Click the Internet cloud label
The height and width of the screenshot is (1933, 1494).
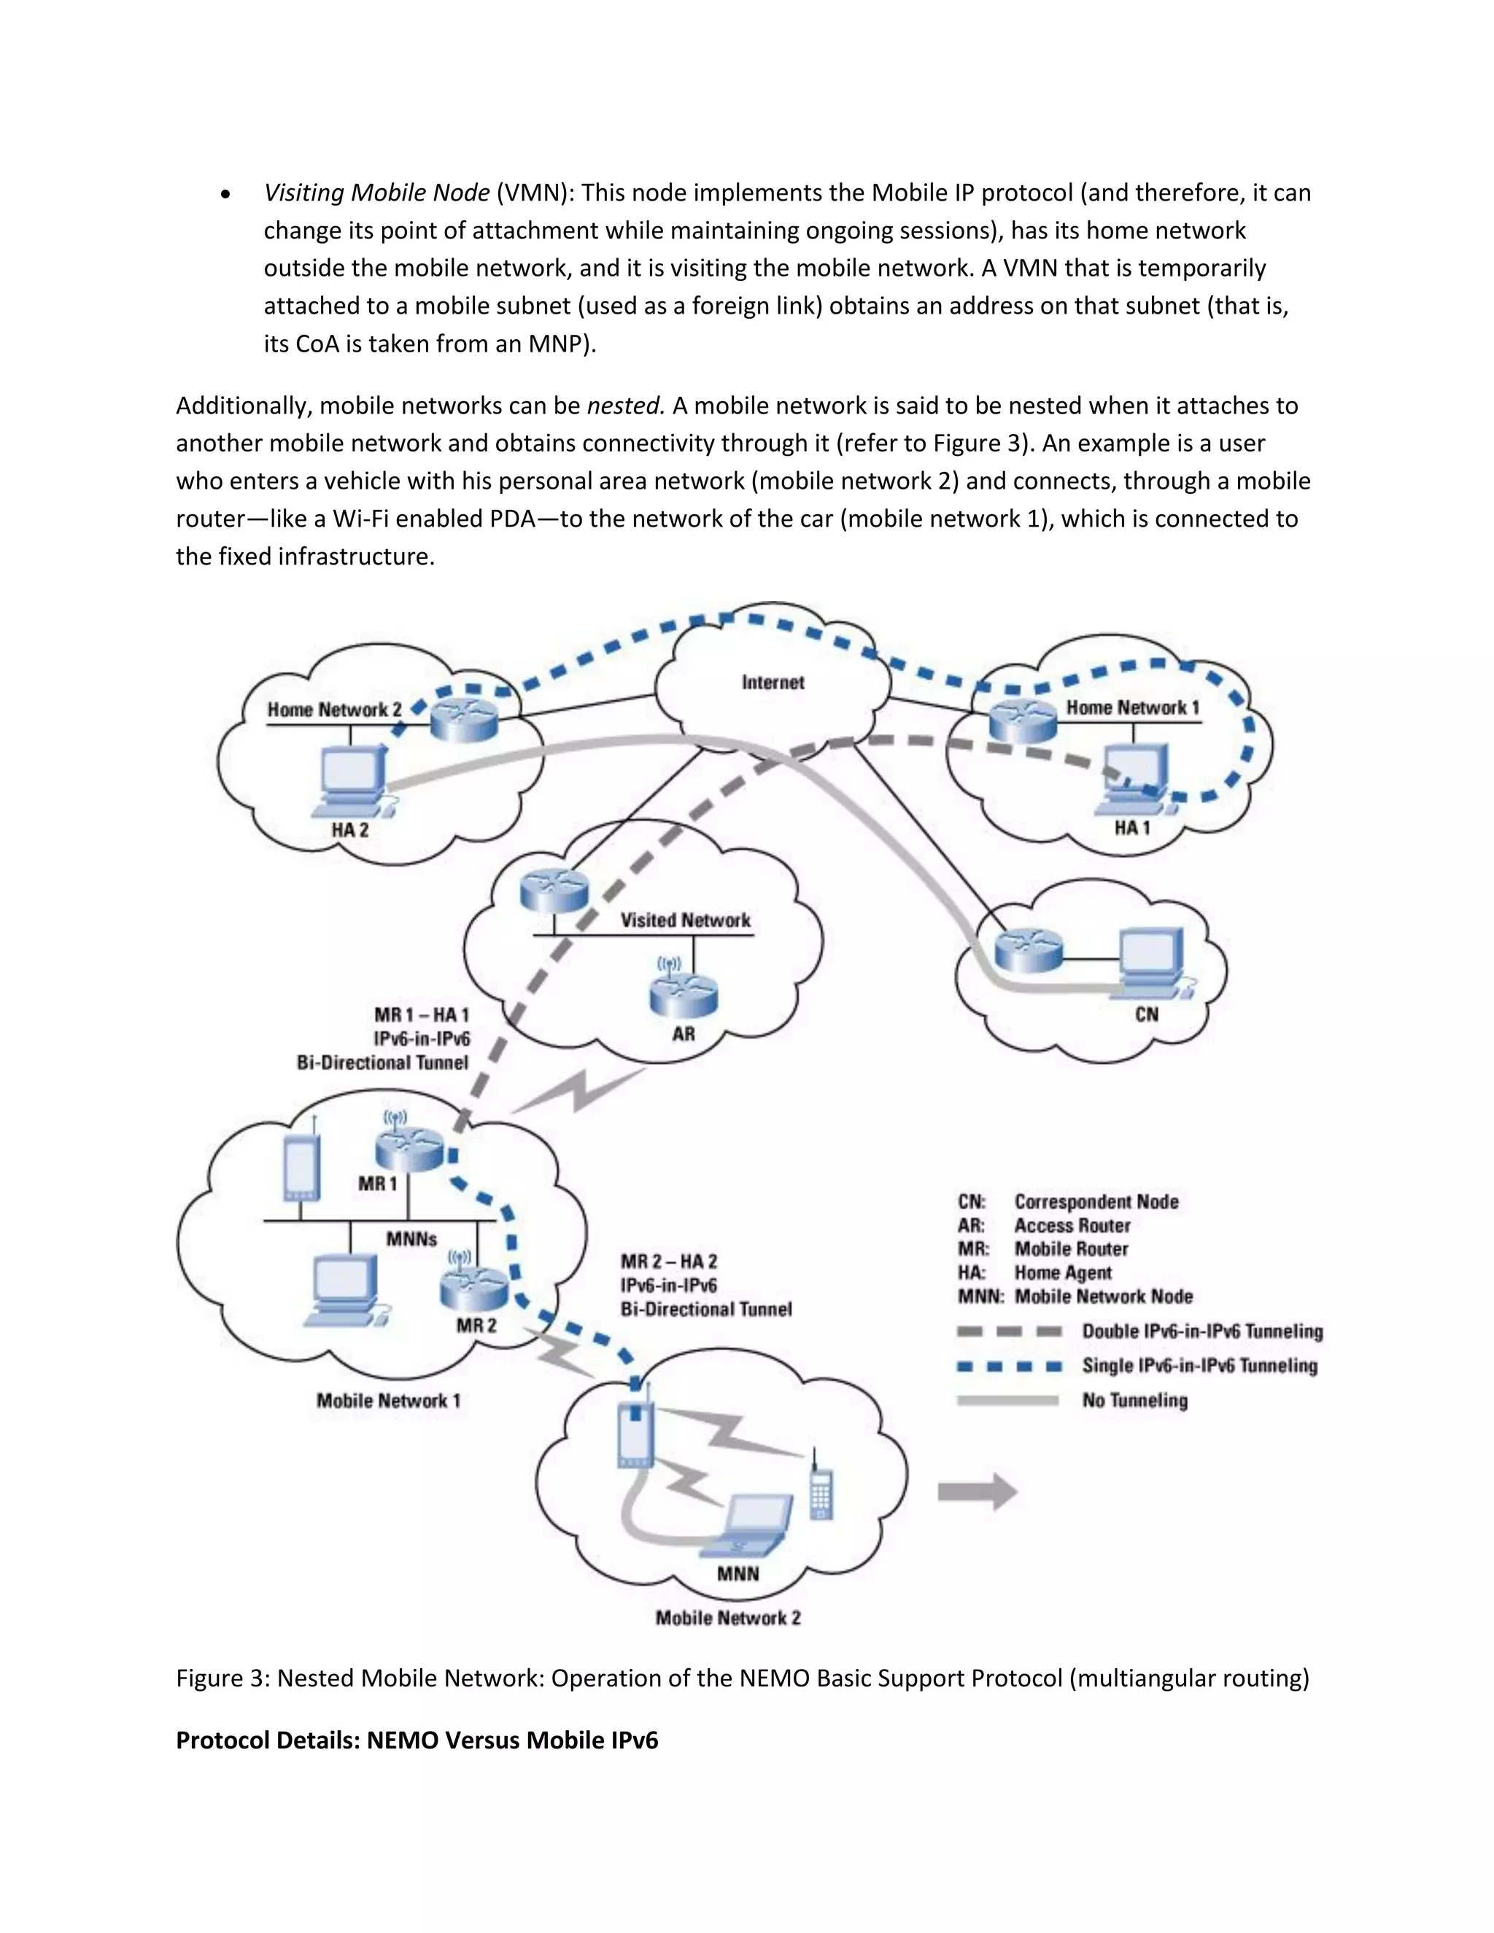(773, 683)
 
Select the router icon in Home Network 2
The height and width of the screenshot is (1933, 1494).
(465, 719)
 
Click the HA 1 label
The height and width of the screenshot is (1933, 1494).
(1132, 828)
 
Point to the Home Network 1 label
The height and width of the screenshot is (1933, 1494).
(1132, 707)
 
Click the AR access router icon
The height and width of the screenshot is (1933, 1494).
(684, 995)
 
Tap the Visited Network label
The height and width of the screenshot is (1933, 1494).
(685, 921)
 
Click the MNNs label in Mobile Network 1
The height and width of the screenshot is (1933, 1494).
(411, 1239)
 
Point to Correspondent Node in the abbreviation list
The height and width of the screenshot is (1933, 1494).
(1096, 1201)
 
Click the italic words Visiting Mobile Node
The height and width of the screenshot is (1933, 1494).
(377, 193)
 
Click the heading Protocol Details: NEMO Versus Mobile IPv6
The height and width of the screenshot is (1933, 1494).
(417, 1740)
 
